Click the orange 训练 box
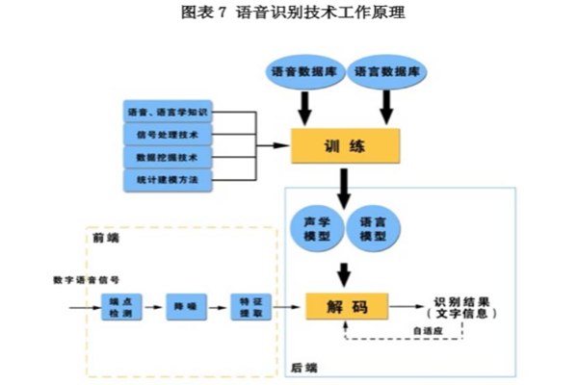[x=345, y=146]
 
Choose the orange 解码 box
[x=346, y=307]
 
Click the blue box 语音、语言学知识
[x=169, y=112]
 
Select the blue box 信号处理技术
[x=169, y=135]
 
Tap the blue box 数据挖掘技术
[x=169, y=157]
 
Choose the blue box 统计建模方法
[x=169, y=180]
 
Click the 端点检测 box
[x=121, y=308]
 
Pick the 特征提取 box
[x=250, y=308]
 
